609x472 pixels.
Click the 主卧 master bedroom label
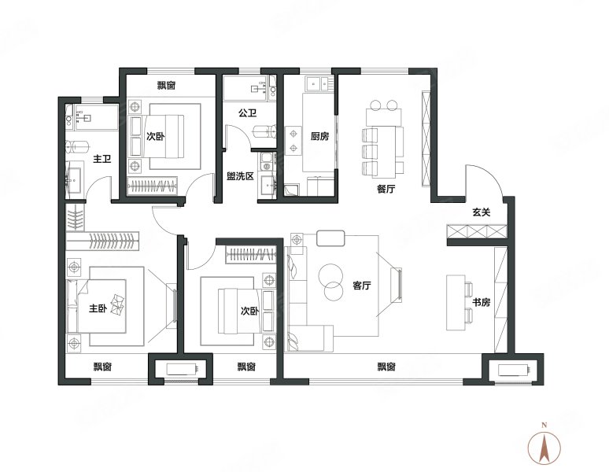(98, 308)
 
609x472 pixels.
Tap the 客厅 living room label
(362, 286)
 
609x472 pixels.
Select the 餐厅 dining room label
(386, 189)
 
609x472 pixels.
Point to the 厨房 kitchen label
(319, 136)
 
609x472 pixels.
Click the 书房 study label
(482, 302)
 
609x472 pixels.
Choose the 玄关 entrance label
(482, 212)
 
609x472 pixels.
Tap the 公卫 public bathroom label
(247, 113)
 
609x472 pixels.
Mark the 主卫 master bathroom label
(102, 159)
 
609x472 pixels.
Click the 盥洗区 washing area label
(240, 176)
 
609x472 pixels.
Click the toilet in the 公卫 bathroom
(264, 131)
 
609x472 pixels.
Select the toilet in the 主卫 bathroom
(77, 148)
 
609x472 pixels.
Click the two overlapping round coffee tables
(331, 282)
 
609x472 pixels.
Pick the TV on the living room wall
(399, 284)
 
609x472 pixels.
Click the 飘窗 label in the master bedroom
(102, 367)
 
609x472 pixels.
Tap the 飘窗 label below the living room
(386, 367)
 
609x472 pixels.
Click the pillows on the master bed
(118, 304)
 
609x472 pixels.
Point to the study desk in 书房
(456, 303)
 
